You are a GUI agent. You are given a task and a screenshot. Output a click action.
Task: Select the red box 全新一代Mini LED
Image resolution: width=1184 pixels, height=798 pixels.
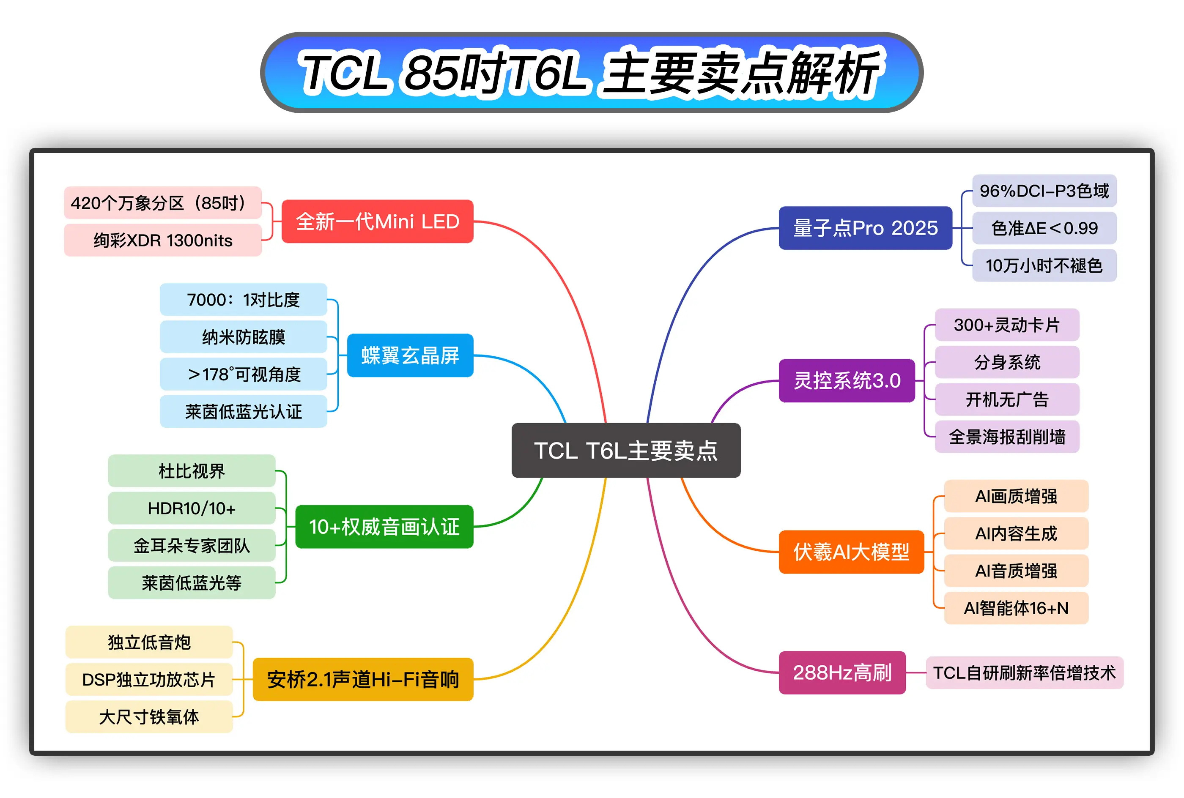pyautogui.click(x=377, y=221)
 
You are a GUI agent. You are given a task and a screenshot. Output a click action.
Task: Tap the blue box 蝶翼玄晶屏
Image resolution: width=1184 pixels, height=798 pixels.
pyautogui.click(x=410, y=355)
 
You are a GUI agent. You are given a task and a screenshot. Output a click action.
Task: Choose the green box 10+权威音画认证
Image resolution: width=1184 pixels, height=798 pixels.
pyautogui.click(x=384, y=527)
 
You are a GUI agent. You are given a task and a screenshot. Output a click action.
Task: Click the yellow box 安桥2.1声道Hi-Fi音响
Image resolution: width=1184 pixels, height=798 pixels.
pyautogui.click(x=363, y=679)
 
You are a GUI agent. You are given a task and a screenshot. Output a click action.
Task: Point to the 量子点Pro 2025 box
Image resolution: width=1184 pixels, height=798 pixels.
pyautogui.click(x=865, y=228)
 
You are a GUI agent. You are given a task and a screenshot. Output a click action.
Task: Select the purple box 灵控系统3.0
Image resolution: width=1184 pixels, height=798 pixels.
pyautogui.click(x=847, y=381)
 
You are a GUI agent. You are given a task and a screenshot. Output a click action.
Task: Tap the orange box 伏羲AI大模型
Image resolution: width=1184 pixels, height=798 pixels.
pyautogui.click(x=851, y=552)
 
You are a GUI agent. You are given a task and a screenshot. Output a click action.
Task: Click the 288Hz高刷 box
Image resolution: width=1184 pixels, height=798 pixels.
pyautogui.click(x=842, y=672)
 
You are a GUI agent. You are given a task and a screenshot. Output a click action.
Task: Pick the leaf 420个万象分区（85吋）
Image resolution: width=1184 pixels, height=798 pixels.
pyautogui.click(x=163, y=202)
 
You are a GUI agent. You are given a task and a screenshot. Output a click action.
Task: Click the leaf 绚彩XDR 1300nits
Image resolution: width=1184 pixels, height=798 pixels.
pyautogui.click(x=163, y=240)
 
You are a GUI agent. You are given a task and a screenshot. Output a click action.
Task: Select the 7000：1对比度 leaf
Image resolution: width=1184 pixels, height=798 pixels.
pyautogui.click(x=243, y=299)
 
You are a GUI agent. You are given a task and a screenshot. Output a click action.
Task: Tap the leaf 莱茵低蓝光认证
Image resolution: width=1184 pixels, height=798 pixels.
pyautogui.click(x=243, y=411)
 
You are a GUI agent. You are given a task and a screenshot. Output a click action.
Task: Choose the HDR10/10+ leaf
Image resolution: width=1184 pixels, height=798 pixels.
pyautogui.click(x=192, y=508)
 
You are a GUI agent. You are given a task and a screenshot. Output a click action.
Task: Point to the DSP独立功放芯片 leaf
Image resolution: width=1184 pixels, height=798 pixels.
pyautogui.click(x=149, y=679)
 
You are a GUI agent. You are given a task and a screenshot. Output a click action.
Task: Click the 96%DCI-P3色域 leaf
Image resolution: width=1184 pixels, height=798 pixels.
pyautogui.click(x=1044, y=191)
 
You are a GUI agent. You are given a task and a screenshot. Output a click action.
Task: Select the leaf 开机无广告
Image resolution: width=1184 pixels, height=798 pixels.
pyautogui.click(x=1007, y=399)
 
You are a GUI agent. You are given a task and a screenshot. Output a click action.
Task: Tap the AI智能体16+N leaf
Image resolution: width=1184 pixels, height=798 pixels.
pyautogui.click(x=1017, y=608)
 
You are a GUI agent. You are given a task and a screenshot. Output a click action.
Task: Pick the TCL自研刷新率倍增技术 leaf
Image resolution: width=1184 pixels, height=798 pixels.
pyautogui.click(x=1025, y=672)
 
